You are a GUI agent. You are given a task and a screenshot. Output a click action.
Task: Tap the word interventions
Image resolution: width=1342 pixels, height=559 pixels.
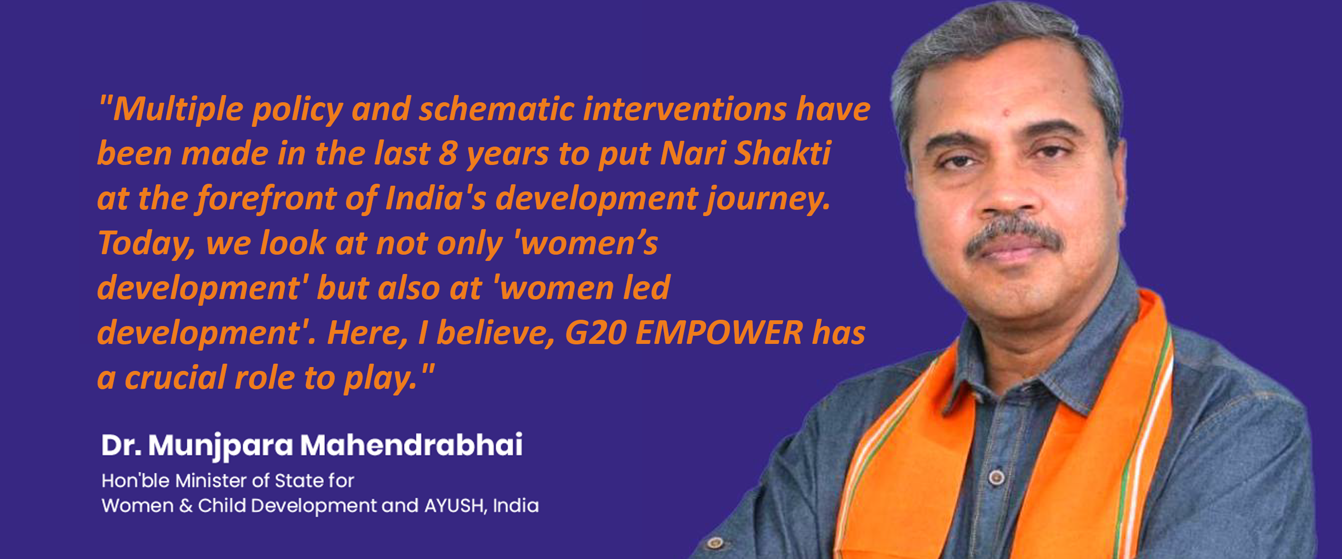pyautogui.click(x=684, y=109)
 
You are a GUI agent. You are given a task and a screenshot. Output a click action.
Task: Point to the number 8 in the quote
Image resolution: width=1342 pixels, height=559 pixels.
pyautogui.click(x=447, y=154)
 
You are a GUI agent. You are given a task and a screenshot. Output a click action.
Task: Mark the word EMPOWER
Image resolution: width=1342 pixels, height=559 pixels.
pyautogui.click(x=719, y=333)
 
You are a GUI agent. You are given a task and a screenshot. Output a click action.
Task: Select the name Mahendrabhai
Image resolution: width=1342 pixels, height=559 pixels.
pyautogui.click(x=411, y=445)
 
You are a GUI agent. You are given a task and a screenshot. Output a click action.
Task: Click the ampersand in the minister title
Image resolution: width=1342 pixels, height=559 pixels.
pyautogui.click(x=186, y=506)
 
